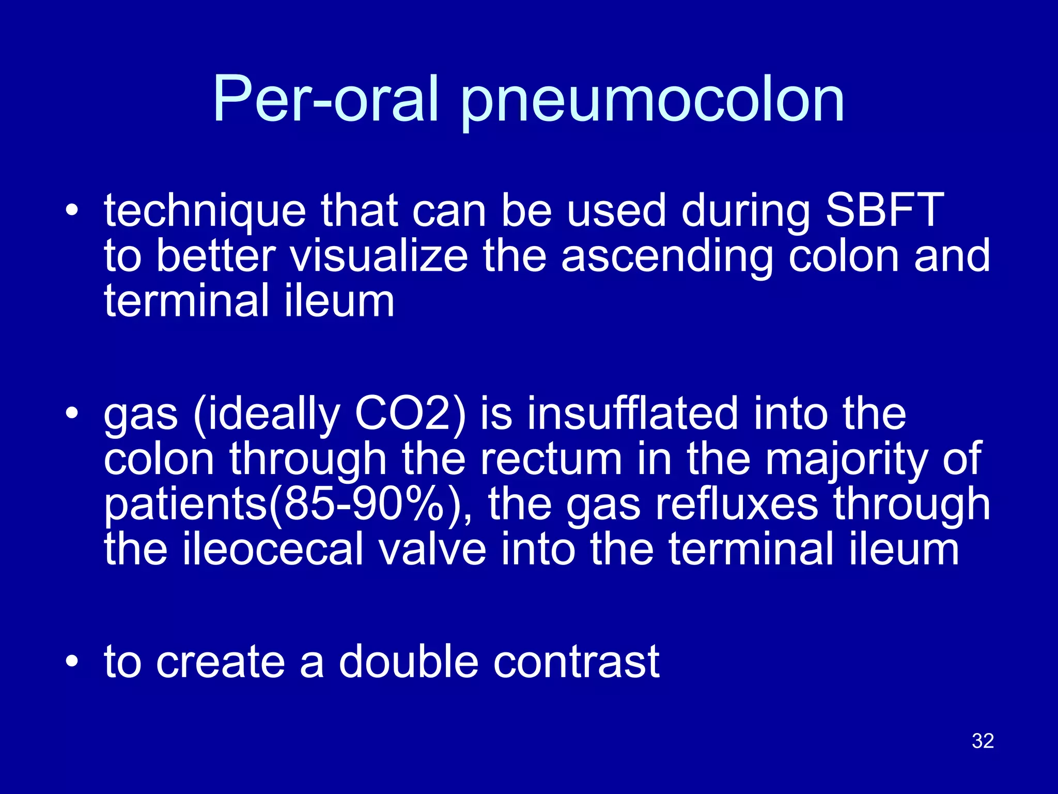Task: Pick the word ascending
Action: tap(667, 257)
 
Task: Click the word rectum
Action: tap(551, 459)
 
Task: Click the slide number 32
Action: tap(983, 741)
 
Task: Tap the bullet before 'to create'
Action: tap(72, 662)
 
